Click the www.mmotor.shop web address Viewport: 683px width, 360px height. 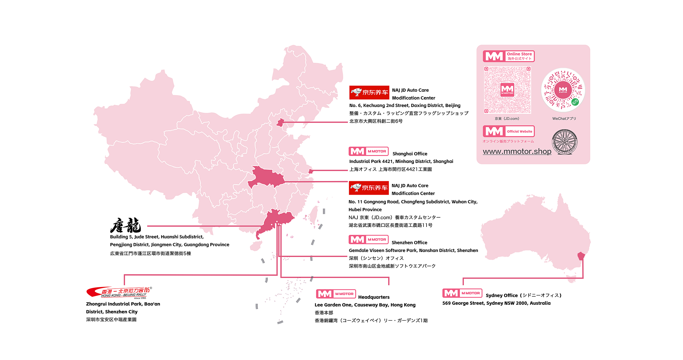(517, 151)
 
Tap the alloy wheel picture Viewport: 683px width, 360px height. (565, 142)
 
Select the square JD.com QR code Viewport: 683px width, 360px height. (507, 90)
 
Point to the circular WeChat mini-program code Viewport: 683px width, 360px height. (563, 90)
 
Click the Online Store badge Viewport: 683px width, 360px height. (509, 56)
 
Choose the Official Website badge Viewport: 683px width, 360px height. (509, 131)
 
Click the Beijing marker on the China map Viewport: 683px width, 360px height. (280, 123)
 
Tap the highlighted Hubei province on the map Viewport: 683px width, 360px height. (266, 177)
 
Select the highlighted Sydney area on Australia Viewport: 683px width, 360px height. (581, 256)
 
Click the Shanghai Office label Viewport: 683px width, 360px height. (410, 154)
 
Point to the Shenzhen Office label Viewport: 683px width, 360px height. (409, 243)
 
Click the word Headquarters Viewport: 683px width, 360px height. (374, 297)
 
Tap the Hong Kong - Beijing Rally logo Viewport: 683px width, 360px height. (119, 292)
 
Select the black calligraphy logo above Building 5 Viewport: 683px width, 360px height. (126, 226)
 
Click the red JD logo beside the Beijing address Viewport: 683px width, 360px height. (369, 92)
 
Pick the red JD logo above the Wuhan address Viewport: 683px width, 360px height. (369, 188)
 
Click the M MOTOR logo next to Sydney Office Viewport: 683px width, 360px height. (462, 293)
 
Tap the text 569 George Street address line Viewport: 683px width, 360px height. (496, 303)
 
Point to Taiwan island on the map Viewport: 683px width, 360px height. (313, 215)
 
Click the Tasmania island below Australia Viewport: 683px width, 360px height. (572, 279)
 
